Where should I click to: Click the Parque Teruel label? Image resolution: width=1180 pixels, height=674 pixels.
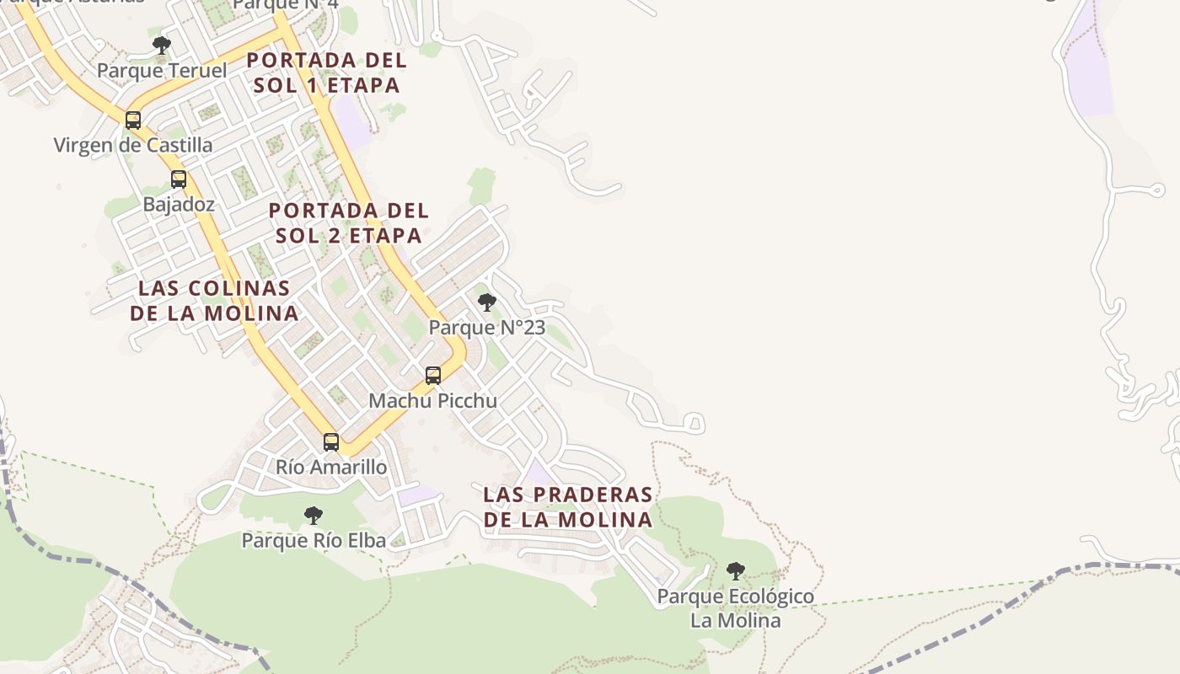[x=162, y=71]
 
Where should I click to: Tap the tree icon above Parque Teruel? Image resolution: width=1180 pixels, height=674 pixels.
[x=162, y=45]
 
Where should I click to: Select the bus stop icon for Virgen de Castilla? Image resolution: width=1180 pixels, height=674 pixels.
[x=133, y=120]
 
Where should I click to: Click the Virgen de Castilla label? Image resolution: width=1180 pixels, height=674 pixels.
[x=133, y=145]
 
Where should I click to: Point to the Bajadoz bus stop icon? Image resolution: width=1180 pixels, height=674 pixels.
[x=178, y=179]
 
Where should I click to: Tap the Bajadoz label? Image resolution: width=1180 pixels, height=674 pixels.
[x=179, y=204]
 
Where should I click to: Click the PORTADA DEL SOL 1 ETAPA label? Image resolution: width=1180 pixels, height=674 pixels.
[x=327, y=72]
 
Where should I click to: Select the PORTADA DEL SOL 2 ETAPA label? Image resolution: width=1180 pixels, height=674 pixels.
[x=349, y=222]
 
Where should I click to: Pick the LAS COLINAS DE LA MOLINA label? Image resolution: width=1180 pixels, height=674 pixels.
[x=214, y=301]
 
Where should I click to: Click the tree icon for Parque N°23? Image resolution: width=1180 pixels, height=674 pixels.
[x=486, y=302]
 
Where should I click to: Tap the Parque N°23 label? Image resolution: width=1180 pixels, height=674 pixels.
[x=487, y=328]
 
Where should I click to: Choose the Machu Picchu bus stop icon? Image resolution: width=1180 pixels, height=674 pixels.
[x=433, y=376]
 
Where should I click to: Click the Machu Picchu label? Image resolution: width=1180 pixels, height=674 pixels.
[x=433, y=401]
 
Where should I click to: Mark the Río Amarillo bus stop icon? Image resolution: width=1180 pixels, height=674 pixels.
[x=331, y=441]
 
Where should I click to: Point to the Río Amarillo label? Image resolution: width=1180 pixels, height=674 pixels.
[x=332, y=467]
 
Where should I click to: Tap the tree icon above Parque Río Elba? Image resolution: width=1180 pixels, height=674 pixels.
[x=314, y=515]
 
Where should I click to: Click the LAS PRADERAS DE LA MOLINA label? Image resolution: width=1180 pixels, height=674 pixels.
[x=568, y=506]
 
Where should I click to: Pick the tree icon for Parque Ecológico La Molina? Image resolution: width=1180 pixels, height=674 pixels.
[x=736, y=570]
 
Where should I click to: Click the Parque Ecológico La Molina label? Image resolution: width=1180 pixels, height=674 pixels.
[x=736, y=608]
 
